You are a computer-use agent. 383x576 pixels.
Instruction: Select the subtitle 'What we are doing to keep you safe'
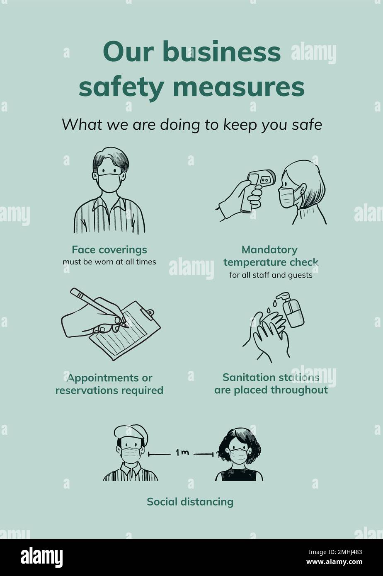tap(191, 124)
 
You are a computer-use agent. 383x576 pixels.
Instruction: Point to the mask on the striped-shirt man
tap(109, 183)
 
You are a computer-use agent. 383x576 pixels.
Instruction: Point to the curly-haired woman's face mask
tap(238, 456)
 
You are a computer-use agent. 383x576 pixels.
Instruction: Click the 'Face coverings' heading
tap(109, 249)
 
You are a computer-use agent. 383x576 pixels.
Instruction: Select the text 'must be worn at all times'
tap(109, 262)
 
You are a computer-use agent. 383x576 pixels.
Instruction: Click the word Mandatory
tap(269, 249)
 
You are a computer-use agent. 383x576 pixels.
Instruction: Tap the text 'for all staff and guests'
tap(271, 275)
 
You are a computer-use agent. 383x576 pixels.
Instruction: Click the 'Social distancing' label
tap(190, 502)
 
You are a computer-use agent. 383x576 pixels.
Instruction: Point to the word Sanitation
tap(247, 378)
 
